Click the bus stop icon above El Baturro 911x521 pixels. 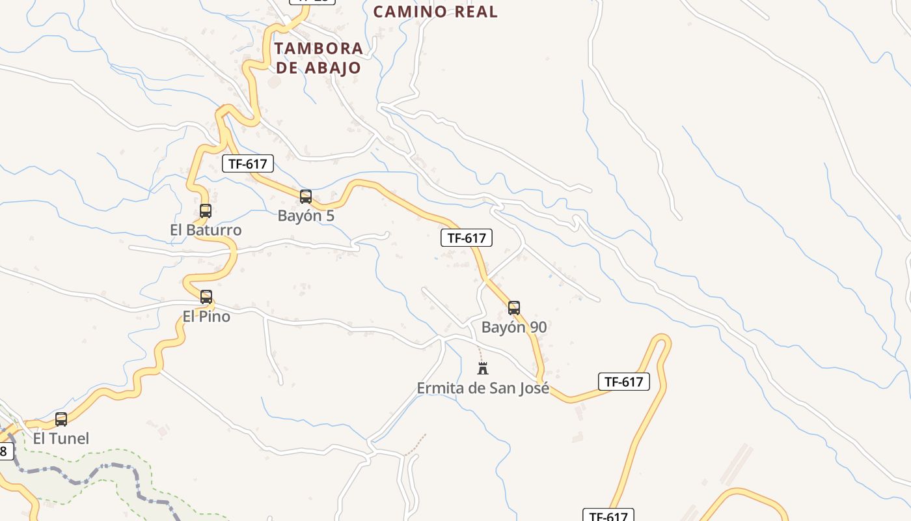[206, 211]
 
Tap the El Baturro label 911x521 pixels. [206, 230]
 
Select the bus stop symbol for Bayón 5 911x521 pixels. [306, 196]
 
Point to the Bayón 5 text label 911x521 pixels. [306, 216]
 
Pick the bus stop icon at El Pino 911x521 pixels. [206, 297]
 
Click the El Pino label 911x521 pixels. [206, 317]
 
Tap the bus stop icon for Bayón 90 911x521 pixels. [514, 308]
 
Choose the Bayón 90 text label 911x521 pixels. [514, 327]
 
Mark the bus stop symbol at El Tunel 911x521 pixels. [61, 419]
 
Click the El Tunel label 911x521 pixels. [61, 438]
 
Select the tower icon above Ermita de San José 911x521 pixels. [483, 369]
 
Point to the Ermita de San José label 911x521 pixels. [483, 388]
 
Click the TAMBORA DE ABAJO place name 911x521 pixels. [318, 58]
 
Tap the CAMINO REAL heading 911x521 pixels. [435, 11]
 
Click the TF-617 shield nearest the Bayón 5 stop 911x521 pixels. [248, 164]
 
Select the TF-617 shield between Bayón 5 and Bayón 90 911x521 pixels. [467, 238]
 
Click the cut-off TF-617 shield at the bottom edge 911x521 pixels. [608, 515]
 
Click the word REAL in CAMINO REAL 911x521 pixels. [475, 11]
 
